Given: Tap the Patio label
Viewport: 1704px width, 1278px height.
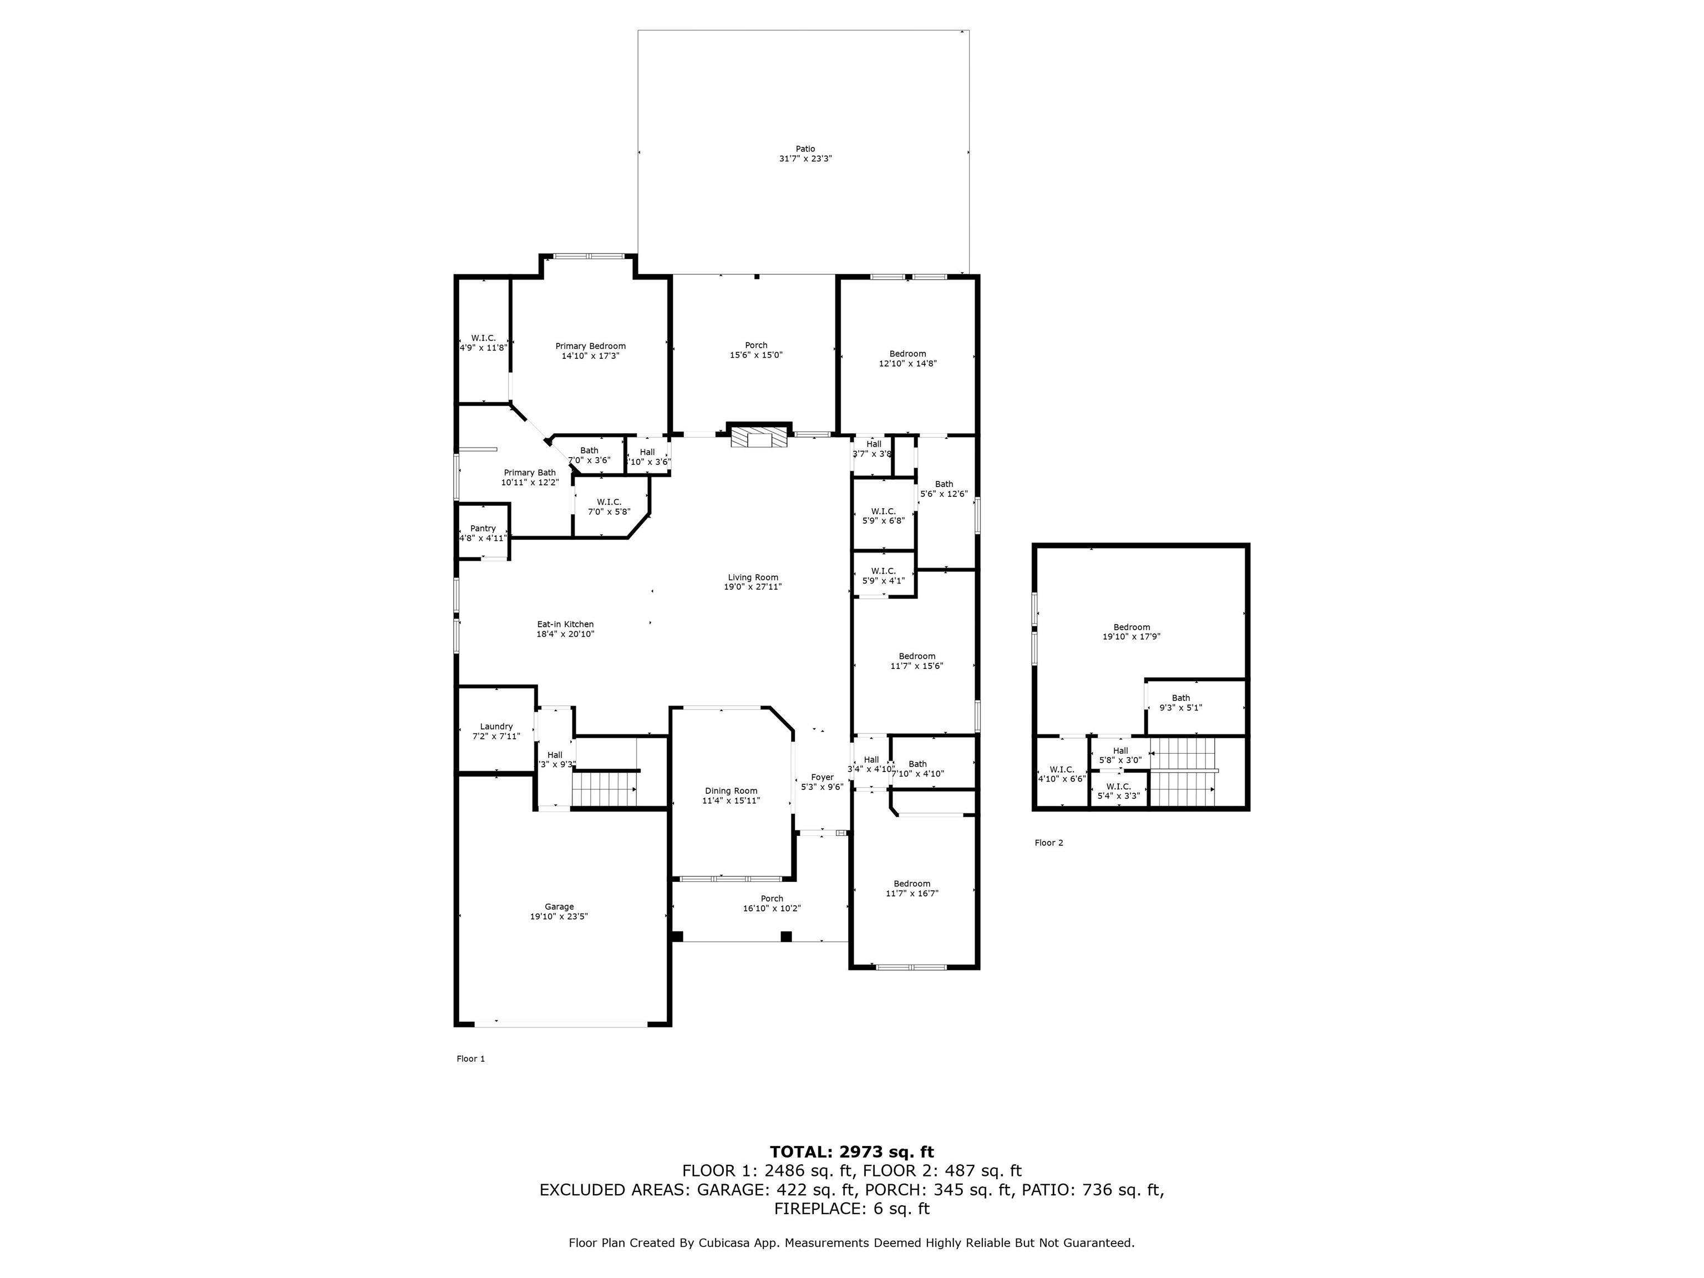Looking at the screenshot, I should (x=805, y=149).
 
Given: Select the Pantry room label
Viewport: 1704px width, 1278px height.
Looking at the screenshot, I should (x=483, y=529).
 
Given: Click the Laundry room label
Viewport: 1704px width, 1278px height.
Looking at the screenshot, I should (x=496, y=727).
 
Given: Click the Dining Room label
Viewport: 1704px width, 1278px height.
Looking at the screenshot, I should (x=731, y=790).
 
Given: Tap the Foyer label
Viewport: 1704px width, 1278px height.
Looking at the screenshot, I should (x=822, y=777).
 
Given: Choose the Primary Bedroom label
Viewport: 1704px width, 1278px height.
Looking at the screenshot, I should (x=590, y=346).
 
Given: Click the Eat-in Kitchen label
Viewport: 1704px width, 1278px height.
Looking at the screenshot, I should (x=565, y=624).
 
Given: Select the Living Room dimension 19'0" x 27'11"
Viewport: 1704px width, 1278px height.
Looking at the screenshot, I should (x=753, y=587).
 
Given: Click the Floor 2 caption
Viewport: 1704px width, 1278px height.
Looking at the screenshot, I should (x=1048, y=843).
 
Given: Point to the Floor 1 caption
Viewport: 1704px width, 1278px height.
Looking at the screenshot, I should (x=471, y=1058).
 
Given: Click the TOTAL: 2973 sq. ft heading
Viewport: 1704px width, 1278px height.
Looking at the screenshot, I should (x=851, y=1152).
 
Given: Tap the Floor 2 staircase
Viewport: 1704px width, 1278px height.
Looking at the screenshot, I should (x=1181, y=771).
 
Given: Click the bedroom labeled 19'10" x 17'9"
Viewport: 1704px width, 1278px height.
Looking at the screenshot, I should (x=1131, y=632).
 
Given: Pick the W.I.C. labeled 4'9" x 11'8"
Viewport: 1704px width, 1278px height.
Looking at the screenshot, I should (x=483, y=342).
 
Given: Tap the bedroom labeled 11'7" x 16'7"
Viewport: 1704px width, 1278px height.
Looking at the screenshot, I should (x=912, y=888).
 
